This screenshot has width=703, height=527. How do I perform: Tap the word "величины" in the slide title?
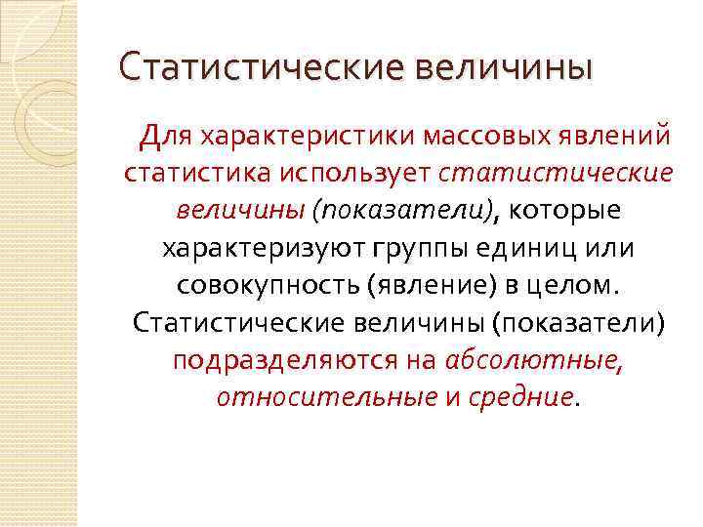click(504, 68)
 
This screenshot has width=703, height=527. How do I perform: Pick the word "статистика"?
click(196, 173)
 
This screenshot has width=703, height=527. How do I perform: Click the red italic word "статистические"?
click(558, 173)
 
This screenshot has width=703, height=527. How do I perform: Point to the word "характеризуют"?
click(261, 248)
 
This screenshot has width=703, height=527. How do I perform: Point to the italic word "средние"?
click(527, 397)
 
